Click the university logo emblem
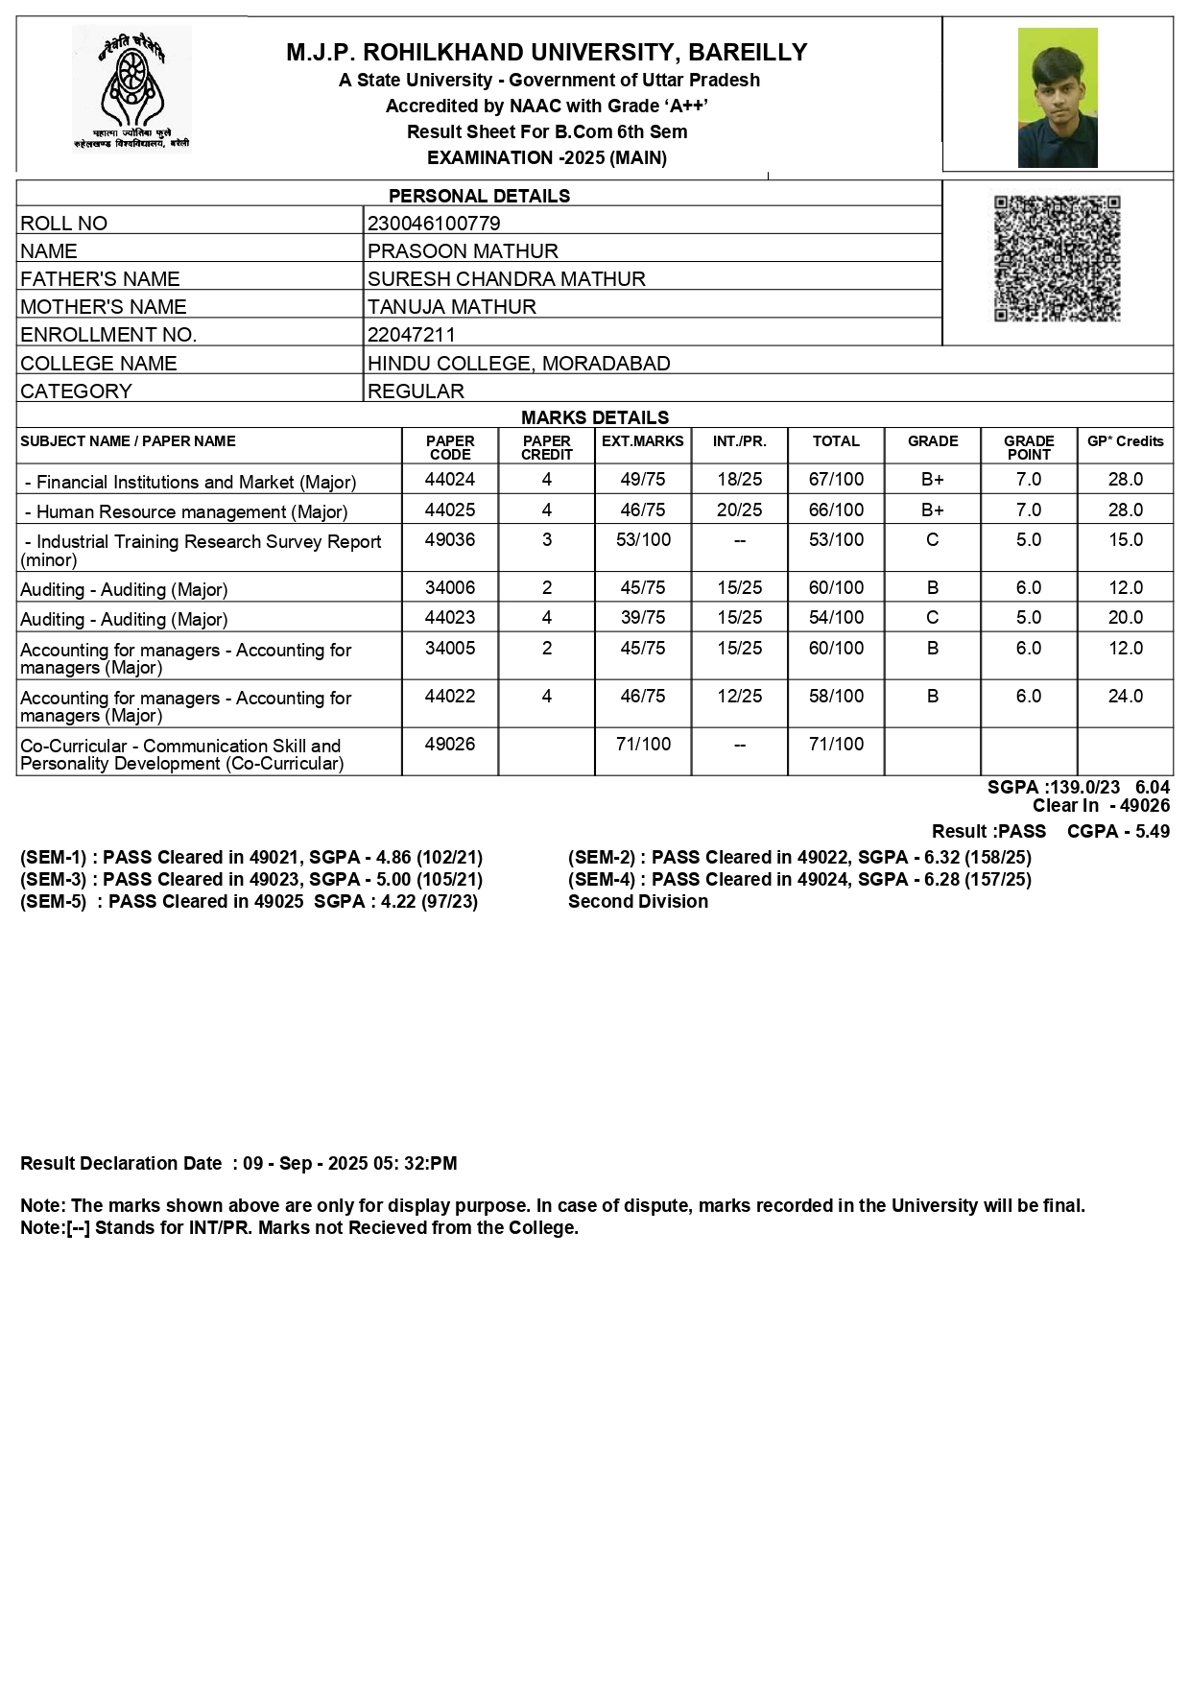pyautogui.click(x=131, y=89)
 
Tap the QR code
pyautogui.click(x=1057, y=258)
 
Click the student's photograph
pyautogui.click(x=1057, y=98)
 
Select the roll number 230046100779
pyautogui.click(x=434, y=224)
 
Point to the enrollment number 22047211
pyautogui.click(x=412, y=335)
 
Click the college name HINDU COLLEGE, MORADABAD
pyautogui.click(x=518, y=364)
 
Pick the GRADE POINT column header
pyautogui.click(x=1029, y=447)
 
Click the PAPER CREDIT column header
pyautogui.click(x=547, y=447)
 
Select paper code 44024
pyautogui.click(x=450, y=479)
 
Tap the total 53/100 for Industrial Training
pyautogui.click(x=836, y=539)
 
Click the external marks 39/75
pyautogui.click(x=643, y=617)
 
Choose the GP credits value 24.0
pyautogui.click(x=1126, y=696)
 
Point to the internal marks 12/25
pyautogui.click(x=739, y=696)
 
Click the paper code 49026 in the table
pyautogui.click(x=450, y=744)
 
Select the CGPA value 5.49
pyautogui.click(x=1152, y=831)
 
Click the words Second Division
pyautogui.click(x=638, y=901)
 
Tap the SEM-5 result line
pyautogui.click(x=249, y=901)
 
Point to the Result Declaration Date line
pyautogui.click(x=238, y=1163)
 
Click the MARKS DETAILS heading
pyautogui.click(x=595, y=417)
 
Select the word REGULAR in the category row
pyautogui.click(x=416, y=391)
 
